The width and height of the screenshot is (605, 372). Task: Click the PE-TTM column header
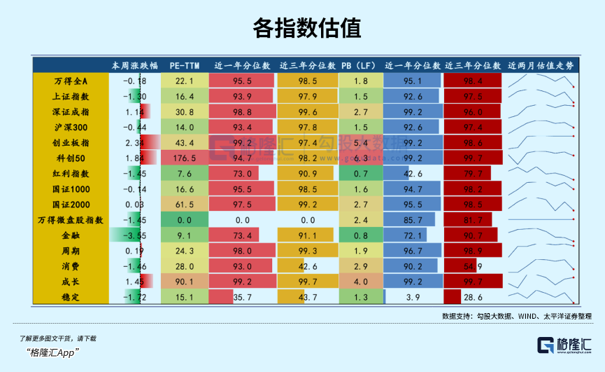[185, 65]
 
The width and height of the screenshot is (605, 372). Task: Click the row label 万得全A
[71, 82]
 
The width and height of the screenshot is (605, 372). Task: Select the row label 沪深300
[71, 128]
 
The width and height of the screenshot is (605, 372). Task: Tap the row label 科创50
[71, 158]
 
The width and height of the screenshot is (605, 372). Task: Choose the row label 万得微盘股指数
[71, 220]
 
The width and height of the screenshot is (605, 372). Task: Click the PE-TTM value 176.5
[185, 158]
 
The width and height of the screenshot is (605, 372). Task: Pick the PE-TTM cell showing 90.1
[185, 282]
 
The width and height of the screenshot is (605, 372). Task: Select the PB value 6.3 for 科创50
[361, 158]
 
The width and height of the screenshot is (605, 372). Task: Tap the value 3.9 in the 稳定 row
[413, 297]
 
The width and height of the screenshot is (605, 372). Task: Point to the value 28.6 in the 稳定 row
[473, 297]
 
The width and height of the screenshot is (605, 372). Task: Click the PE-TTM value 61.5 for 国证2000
[185, 205]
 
